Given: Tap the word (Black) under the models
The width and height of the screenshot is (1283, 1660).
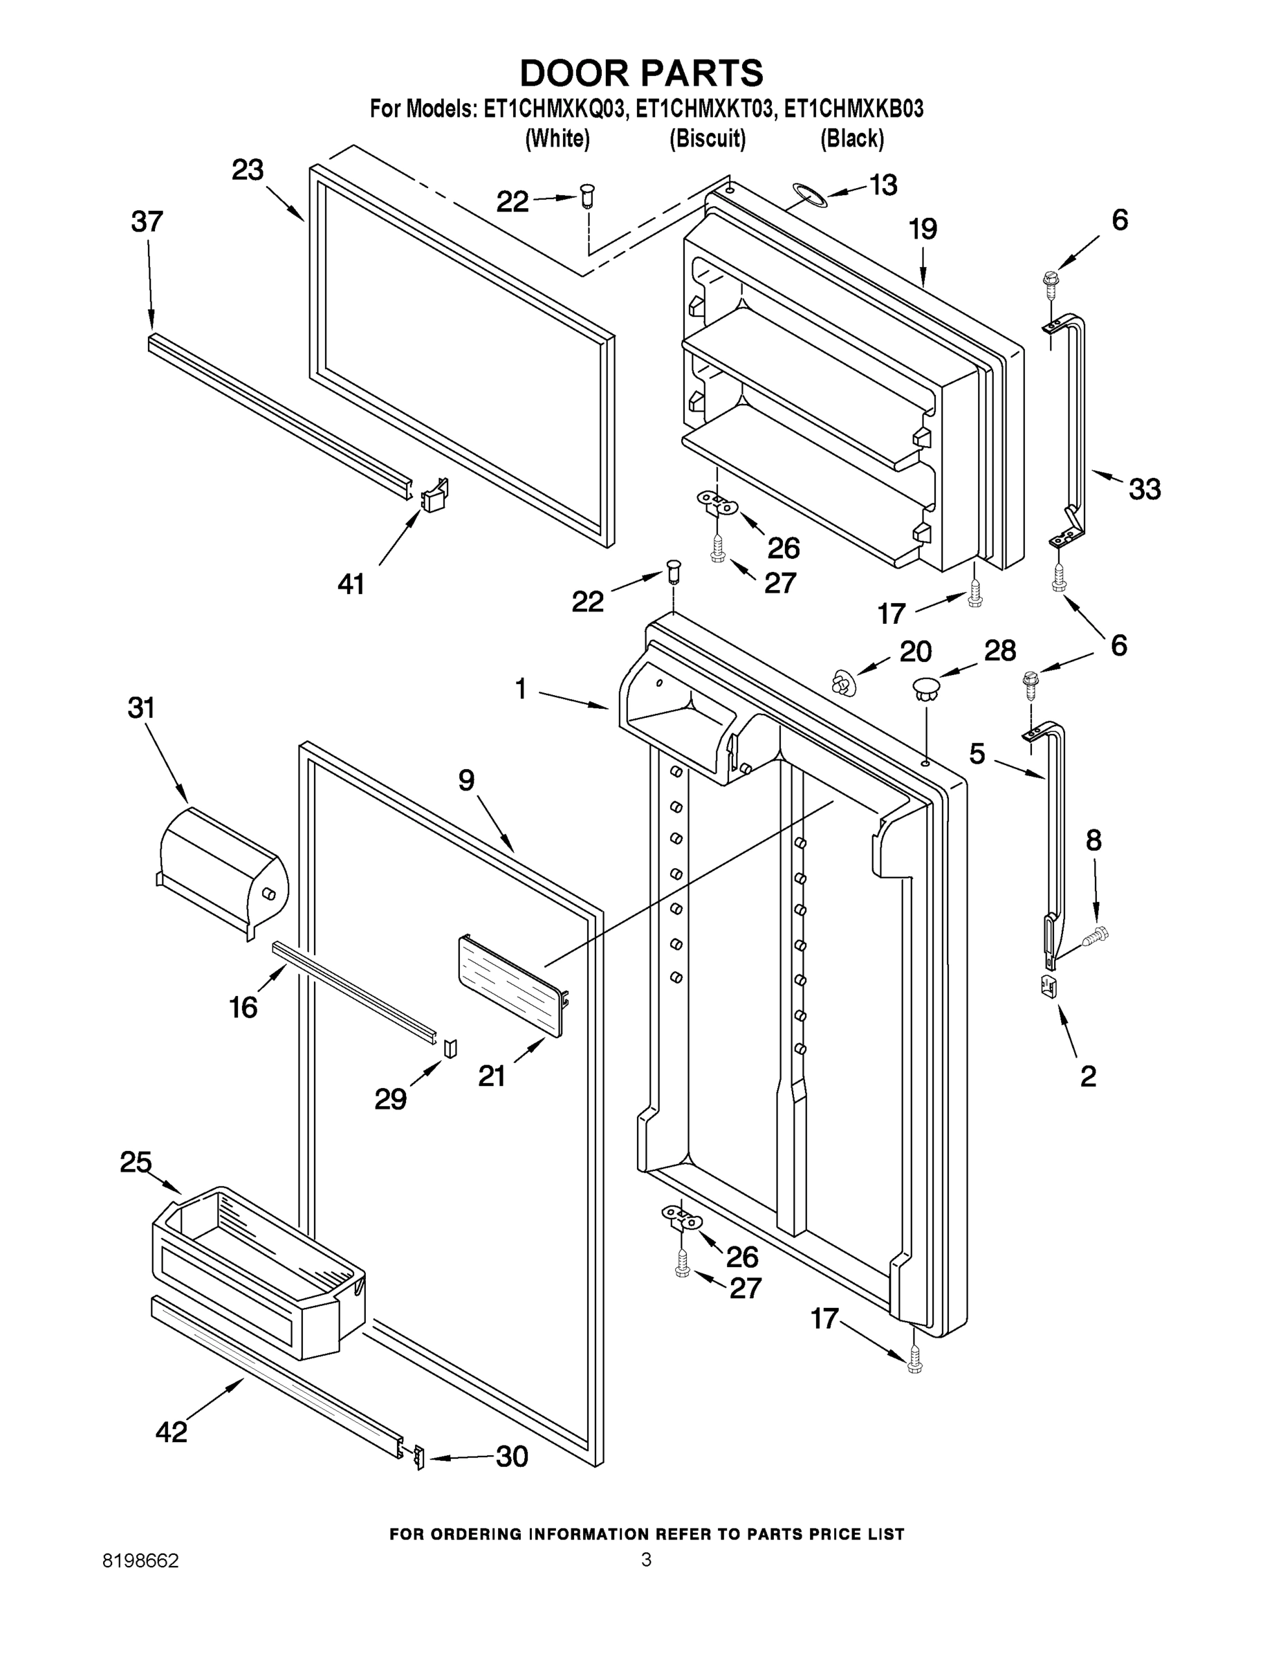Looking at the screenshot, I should tap(851, 138).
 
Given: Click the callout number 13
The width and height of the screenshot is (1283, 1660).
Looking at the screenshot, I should tap(883, 185).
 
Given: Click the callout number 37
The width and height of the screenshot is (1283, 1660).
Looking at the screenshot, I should tap(147, 222).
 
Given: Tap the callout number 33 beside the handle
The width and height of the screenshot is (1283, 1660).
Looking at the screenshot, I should tap(1144, 490).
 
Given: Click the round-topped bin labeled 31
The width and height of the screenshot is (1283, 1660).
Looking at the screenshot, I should tap(223, 868).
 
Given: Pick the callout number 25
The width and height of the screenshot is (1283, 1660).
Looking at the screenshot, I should tap(136, 1162).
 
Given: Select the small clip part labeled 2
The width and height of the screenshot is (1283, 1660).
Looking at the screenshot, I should tap(1048, 986).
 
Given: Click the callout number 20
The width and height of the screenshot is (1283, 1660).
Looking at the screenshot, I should tap(915, 652).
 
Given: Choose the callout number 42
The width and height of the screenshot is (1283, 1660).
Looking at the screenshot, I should tap(171, 1432).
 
